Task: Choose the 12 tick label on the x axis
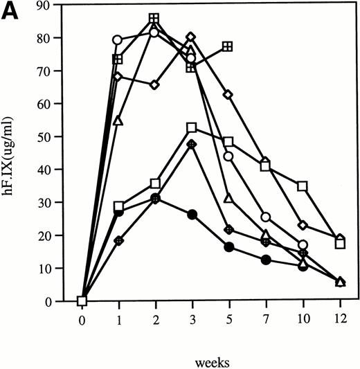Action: (x=339, y=321)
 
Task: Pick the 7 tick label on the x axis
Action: (x=266, y=321)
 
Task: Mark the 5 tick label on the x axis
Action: (x=229, y=321)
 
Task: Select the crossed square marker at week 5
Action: (x=228, y=47)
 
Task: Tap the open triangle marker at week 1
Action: (x=118, y=122)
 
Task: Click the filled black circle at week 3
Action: (x=192, y=215)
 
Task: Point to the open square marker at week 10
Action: (x=303, y=186)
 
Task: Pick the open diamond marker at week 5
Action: (x=228, y=94)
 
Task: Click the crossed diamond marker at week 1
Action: (x=118, y=241)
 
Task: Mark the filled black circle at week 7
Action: (x=266, y=260)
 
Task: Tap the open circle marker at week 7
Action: (x=266, y=217)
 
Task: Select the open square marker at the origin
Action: (x=82, y=300)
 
